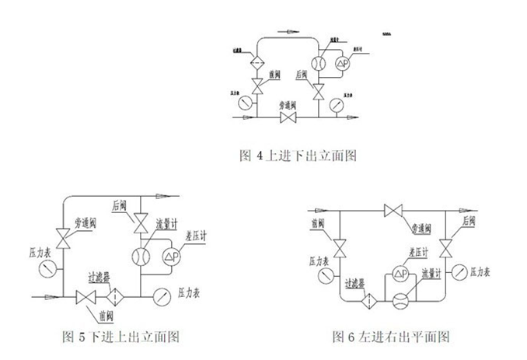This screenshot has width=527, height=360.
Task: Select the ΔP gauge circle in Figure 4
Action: click(341, 64)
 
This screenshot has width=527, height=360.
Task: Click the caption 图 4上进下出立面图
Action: click(296, 156)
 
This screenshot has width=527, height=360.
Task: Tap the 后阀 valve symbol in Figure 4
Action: click(317, 92)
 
